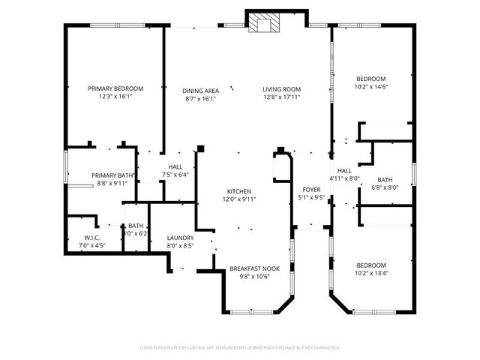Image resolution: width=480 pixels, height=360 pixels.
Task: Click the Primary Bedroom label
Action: pyautogui.click(x=115, y=88)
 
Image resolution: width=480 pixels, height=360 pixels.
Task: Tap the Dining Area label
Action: pyautogui.click(x=200, y=91)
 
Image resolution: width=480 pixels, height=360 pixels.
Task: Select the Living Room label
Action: pyautogui.click(x=281, y=91)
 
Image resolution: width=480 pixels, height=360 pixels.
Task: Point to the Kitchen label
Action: pyautogui.click(x=239, y=191)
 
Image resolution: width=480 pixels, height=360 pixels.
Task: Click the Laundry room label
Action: pyautogui.click(x=180, y=238)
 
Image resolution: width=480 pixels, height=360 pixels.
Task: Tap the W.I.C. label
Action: pyautogui.click(x=92, y=238)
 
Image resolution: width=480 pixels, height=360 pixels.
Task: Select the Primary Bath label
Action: pyautogui.click(x=111, y=175)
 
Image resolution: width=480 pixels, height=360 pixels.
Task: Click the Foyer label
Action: pyautogui.click(x=311, y=190)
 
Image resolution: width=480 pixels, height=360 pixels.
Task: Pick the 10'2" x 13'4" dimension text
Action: pyautogui.click(x=370, y=274)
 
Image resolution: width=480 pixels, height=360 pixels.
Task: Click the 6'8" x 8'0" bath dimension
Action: pyautogui.click(x=385, y=188)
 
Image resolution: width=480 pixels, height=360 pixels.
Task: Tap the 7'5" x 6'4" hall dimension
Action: pyautogui.click(x=175, y=175)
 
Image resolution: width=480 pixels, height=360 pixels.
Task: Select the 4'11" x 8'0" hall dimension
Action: pyautogui.click(x=345, y=178)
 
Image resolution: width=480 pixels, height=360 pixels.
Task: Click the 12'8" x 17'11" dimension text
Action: pyautogui.click(x=281, y=97)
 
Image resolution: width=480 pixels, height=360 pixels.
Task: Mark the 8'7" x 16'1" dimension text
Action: pyautogui.click(x=200, y=98)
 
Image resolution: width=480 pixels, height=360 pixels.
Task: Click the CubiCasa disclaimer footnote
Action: pyautogui.click(x=240, y=348)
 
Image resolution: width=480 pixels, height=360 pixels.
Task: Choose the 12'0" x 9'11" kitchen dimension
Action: pyautogui.click(x=239, y=199)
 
